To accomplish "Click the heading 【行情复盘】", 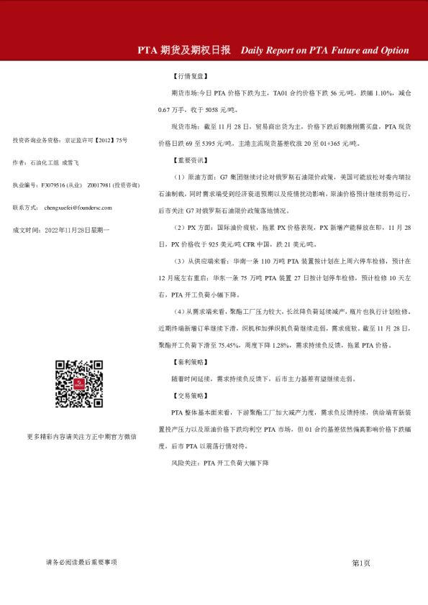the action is point(190,75).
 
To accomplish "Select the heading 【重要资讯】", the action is point(190,160).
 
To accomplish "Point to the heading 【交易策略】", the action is point(190,395).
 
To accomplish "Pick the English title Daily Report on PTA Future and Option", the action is point(324,50).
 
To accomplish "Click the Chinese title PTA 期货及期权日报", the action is point(184,50).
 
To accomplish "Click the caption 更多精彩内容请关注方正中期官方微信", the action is point(81,436).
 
